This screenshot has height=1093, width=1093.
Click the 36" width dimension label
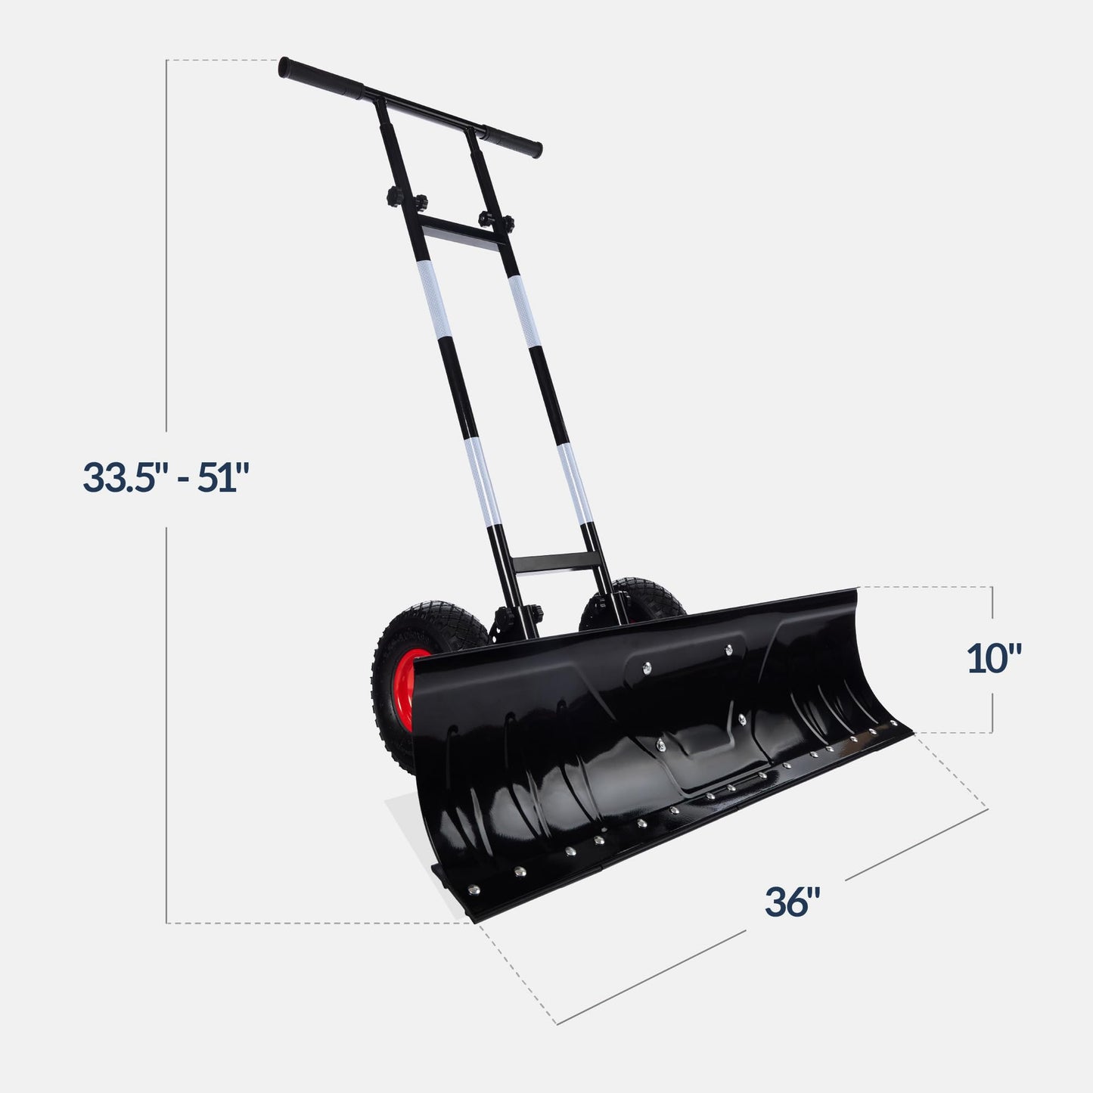point(792,902)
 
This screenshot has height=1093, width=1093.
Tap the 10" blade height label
point(994,659)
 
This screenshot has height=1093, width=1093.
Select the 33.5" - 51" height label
point(166,477)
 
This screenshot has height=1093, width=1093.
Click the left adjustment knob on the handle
point(396,200)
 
